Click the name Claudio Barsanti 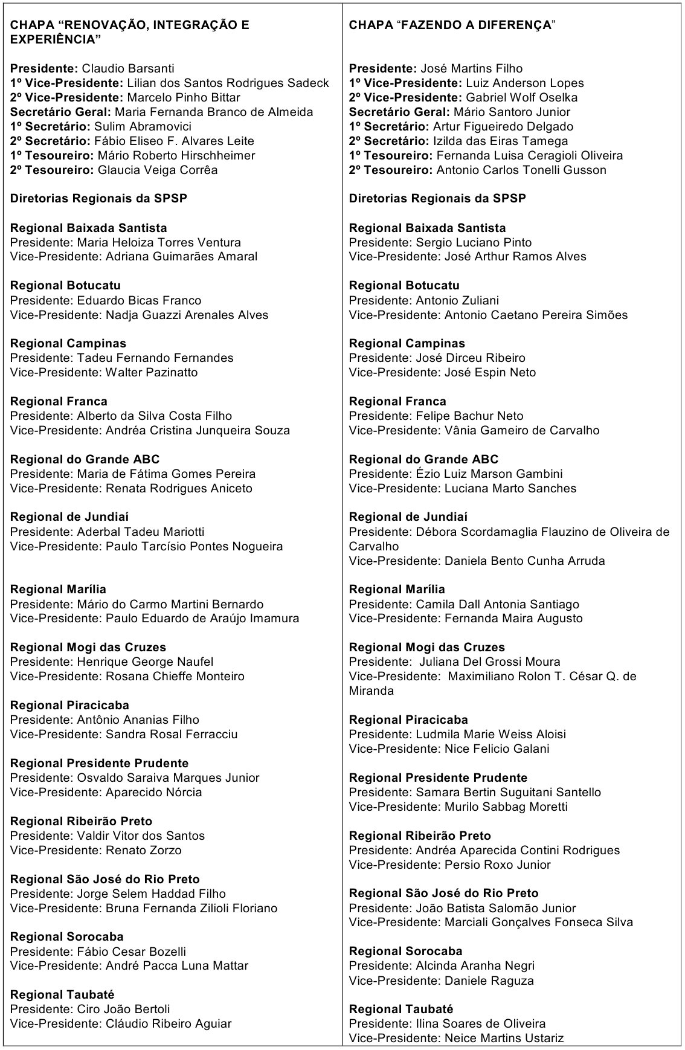128,68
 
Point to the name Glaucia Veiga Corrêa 158,170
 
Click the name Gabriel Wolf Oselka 521,97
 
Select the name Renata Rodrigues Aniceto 179,488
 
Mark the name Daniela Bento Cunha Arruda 524,561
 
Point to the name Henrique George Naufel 145,662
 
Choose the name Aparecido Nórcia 153,792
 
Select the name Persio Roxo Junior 497,865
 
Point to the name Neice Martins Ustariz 504,1038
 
